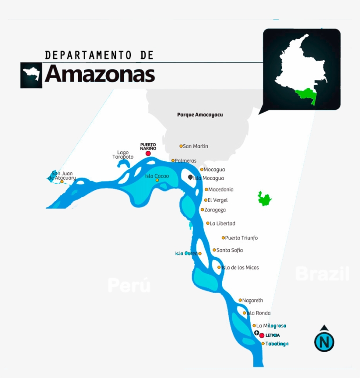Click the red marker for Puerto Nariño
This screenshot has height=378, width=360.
148,153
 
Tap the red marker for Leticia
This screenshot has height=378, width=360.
262,335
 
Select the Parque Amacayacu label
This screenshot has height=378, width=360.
200,115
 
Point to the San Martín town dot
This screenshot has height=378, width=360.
181,146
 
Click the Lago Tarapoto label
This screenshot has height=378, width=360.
123,155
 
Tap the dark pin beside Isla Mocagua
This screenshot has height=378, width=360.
190,177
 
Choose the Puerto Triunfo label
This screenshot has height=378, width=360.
241,238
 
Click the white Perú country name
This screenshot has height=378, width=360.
129,286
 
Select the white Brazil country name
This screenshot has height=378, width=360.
322,274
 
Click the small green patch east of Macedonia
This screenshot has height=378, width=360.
264,199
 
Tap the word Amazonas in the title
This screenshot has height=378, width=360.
100,74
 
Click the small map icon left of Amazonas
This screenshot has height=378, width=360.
31,75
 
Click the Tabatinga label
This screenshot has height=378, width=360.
277,344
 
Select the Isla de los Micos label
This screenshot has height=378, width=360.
240,267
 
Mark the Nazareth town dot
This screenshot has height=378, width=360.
240,300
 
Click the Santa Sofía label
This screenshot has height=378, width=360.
230,250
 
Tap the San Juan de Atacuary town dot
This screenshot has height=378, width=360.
62,182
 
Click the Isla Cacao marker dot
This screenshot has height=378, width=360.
157,180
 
